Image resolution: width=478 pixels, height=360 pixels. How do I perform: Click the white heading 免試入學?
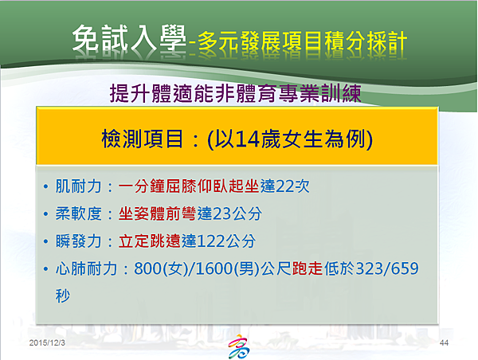click(129, 37)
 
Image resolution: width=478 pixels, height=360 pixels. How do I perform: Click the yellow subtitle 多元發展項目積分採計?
click(302, 41)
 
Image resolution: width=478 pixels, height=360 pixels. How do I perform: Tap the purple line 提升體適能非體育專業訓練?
click(235, 93)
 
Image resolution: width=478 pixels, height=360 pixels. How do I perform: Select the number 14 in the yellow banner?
click(247, 139)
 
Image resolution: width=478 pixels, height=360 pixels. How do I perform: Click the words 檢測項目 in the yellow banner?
click(143, 139)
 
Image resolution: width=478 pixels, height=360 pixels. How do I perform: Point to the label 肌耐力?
click(78, 186)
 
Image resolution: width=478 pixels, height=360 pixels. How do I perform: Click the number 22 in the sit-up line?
click(284, 186)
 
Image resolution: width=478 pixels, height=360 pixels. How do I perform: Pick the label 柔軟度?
click(78, 213)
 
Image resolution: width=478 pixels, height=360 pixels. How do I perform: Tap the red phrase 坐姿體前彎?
click(158, 213)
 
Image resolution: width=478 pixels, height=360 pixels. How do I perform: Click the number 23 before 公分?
click(221, 213)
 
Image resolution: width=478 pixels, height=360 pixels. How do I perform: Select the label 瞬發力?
click(78, 241)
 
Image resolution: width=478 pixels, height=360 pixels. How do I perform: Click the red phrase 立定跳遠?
click(150, 241)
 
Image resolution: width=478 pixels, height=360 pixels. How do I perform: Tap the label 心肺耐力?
click(86, 268)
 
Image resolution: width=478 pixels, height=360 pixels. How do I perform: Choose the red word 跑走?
click(308, 268)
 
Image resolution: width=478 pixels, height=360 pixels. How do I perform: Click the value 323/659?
click(387, 268)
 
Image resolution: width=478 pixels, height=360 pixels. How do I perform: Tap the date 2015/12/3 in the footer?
click(47, 343)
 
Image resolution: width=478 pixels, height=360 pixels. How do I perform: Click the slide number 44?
click(444, 343)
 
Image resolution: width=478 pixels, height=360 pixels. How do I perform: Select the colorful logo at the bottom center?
click(239, 346)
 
